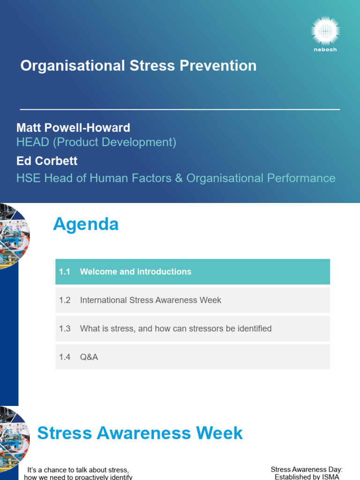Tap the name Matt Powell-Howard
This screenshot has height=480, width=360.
click(73, 127)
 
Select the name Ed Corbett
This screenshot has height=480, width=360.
click(47, 161)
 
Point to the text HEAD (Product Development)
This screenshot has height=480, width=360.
click(96, 142)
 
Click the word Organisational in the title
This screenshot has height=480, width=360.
click(70, 66)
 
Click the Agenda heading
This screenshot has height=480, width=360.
click(86, 225)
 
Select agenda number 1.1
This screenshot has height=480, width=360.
click(65, 272)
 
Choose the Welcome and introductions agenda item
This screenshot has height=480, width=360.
click(135, 272)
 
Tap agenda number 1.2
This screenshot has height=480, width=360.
click(65, 300)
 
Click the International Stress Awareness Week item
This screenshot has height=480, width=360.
click(150, 300)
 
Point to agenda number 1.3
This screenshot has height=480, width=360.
click(65, 329)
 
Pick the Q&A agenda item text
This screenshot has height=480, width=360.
click(89, 357)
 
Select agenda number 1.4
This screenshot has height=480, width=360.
click(65, 357)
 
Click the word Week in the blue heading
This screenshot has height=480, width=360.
click(220, 433)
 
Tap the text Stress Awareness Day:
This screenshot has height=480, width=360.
click(307, 469)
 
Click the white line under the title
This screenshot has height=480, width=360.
click(180, 109)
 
